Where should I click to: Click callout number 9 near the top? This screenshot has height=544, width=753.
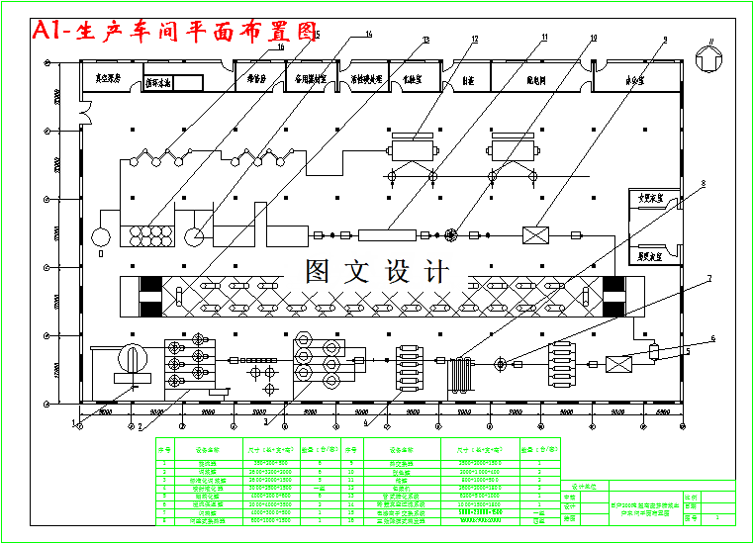click(x=665, y=40)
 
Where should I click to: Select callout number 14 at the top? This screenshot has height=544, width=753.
click(x=369, y=35)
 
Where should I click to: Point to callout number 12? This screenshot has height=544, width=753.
click(x=475, y=40)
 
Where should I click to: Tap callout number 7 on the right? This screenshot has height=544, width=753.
click(x=708, y=279)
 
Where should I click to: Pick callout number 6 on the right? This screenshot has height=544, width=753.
click(x=712, y=338)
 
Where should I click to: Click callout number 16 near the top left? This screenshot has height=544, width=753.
click(x=281, y=46)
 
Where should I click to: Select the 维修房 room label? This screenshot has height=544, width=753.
click(x=257, y=79)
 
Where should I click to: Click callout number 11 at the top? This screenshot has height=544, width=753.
click(x=544, y=39)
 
